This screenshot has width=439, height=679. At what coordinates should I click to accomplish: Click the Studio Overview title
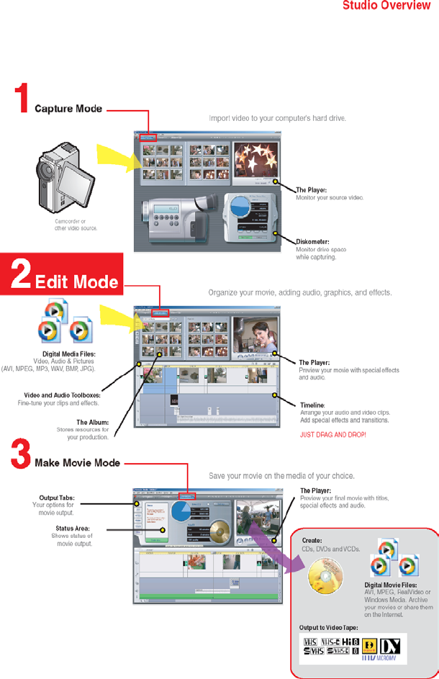(386, 6)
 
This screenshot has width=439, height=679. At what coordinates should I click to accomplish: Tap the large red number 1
(23, 99)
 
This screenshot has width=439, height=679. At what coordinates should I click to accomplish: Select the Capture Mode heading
(69, 109)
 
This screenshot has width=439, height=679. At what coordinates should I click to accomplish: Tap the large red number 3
(21, 455)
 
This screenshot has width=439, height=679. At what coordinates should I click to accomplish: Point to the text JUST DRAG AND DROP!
(332, 436)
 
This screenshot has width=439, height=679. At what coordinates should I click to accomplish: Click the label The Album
(92, 422)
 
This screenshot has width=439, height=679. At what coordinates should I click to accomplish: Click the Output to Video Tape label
(332, 628)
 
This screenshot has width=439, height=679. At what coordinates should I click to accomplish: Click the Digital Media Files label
(69, 354)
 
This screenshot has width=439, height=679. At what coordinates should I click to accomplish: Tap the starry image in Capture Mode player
(255, 161)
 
